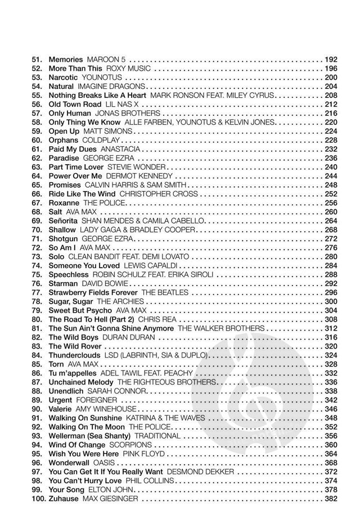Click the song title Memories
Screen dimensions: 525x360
pos(66,59)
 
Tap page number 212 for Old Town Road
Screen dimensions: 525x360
pos(331,104)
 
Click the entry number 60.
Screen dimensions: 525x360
pos(37,140)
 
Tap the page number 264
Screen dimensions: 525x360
pos(331,221)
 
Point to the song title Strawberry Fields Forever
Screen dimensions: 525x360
pos(93,293)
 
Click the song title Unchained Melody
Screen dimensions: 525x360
pos(81,382)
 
